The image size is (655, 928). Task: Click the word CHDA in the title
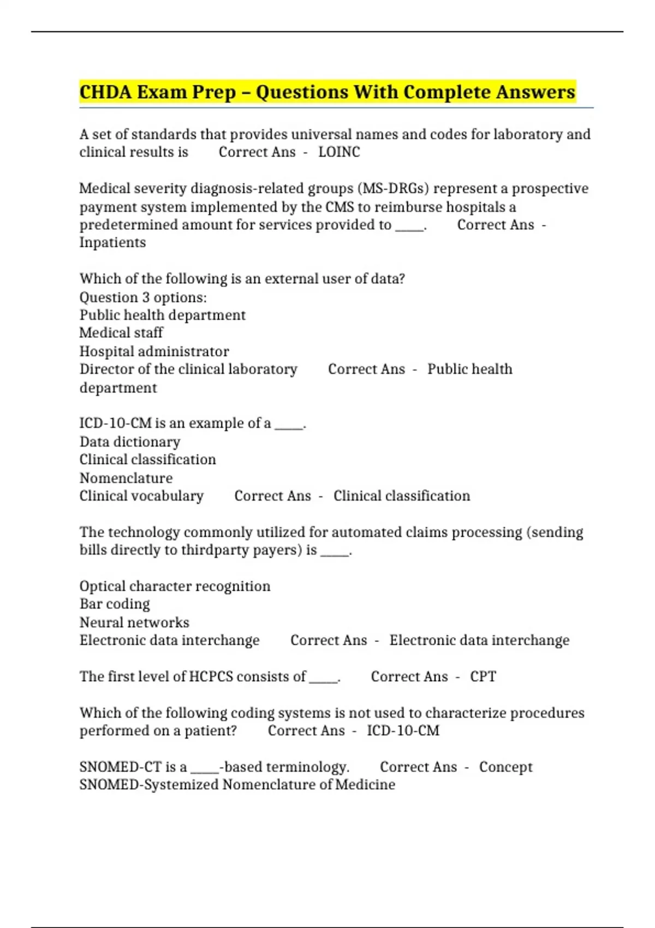point(105,92)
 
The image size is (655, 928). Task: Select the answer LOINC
point(339,152)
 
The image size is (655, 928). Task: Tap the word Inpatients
point(112,242)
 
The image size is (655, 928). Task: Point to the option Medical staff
point(121,332)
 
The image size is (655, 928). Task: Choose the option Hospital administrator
point(154,351)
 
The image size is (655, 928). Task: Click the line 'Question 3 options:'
point(143,297)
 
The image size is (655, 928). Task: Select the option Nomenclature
point(126,478)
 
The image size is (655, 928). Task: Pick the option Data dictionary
point(130,442)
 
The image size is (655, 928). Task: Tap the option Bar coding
point(115,604)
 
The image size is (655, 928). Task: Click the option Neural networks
point(134,622)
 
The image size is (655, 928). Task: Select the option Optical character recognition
point(175,586)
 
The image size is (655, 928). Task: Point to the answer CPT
point(483,676)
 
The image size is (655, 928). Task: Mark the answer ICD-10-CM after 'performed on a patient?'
point(403,730)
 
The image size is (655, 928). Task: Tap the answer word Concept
point(505,766)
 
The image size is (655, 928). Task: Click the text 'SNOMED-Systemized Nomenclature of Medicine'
point(237,784)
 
